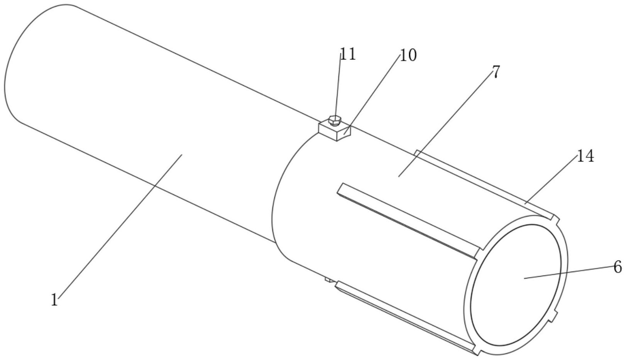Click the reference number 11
(x=347, y=54)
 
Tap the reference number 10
(x=408, y=56)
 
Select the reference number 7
(x=496, y=72)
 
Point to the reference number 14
(x=585, y=157)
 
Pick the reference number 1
(x=54, y=300)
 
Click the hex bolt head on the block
(x=335, y=121)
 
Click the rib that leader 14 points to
(x=482, y=183)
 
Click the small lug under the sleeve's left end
(x=328, y=279)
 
